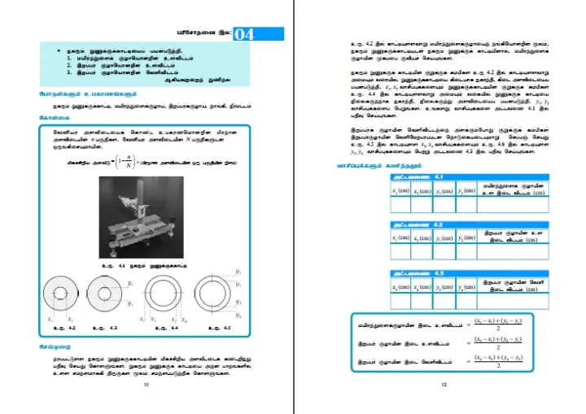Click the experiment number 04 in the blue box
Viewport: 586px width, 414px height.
[x=244, y=34]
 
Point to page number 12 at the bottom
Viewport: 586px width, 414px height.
[x=444, y=386]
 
